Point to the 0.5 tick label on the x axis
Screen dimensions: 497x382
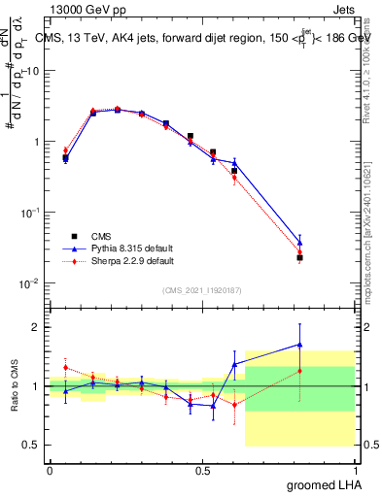(x=201, y=469)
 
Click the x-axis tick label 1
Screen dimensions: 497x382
(x=354, y=469)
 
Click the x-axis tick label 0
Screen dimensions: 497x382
(x=50, y=469)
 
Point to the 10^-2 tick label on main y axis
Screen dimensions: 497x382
(x=29, y=283)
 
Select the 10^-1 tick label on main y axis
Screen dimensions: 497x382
(x=29, y=213)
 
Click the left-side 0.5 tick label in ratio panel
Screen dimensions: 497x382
(x=31, y=445)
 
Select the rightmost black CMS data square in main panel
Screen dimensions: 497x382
(x=300, y=257)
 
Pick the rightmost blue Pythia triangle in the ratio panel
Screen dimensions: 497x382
(x=300, y=344)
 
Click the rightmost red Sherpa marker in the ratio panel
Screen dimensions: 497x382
(x=300, y=370)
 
